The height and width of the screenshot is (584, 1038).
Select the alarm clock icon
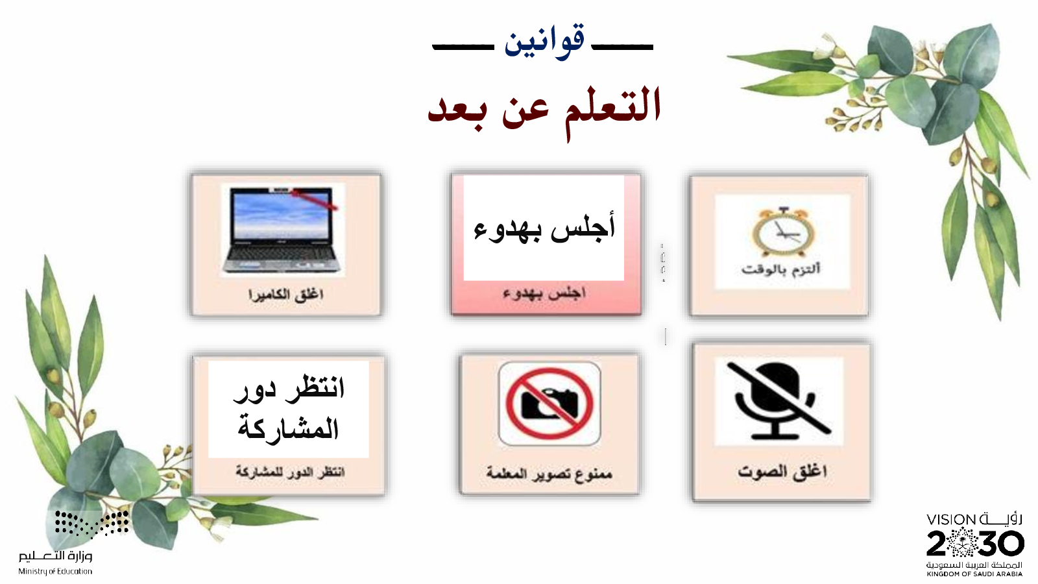pyautogui.click(x=782, y=231)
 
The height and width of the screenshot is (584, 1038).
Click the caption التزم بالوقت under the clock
pyautogui.click(x=781, y=269)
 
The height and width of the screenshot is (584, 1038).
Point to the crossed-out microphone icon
pyautogui.click(x=779, y=400)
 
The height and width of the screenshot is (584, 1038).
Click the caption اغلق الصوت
pyautogui.click(x=782, y=471)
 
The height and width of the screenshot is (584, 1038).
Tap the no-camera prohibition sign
pyautogui.click(x=549, y=403)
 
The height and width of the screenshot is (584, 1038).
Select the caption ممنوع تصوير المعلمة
pyautogui.click(x=549, y=473)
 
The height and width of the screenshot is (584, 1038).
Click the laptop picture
pyautogui.click(x=282, y=229)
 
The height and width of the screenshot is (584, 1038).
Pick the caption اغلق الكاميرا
pyautogui.click(x=285, y=295)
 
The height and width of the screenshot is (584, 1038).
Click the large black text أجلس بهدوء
pyautogui.click(x=544, y=227)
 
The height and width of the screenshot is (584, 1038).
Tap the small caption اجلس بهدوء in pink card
pyautogui.click(x=544, y=293)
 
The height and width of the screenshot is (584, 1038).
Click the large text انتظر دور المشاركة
pyautogui.click(x=289, y=408)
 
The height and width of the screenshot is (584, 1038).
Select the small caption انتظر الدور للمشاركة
pyautogui.click(x=290, y=472)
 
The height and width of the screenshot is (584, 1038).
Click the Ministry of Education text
pyautogui.click(x=55, y=572)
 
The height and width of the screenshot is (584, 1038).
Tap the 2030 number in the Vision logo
pyautogui.click(x=975, y=542)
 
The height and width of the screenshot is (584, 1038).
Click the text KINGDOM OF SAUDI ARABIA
pyautogui.click(x=974, y=574)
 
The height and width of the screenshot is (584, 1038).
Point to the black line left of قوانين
pyautogui.click(x=463, y=47)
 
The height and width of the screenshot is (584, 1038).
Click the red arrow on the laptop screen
pyautogui.click(x=315, y=199)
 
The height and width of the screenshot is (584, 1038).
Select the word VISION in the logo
pyautogui.click(x=951, y=520)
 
